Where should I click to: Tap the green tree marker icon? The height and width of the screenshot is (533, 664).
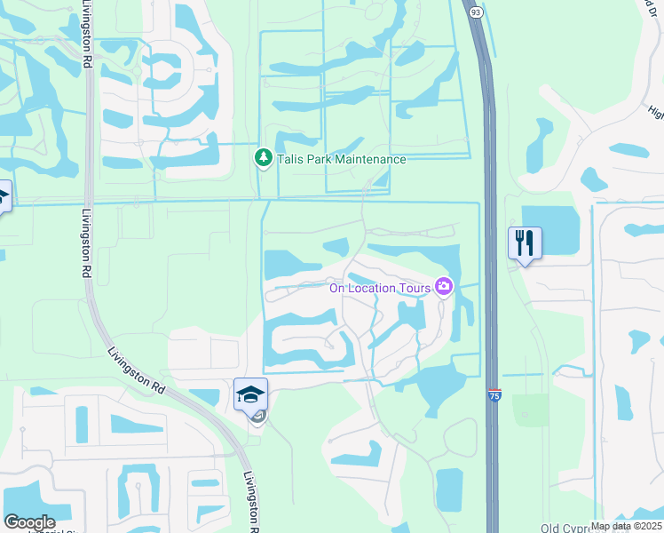pos(263,158)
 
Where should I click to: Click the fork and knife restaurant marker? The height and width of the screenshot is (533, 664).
pos(524,241)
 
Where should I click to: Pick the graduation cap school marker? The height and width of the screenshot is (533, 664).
pos(251,394)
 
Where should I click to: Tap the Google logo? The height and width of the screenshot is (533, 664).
pos(29,522)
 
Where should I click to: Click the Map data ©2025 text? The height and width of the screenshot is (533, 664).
pos(625,526)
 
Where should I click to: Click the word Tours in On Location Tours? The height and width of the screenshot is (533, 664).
pos(412,287)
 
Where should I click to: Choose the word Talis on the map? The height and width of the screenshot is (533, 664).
pos(288,160)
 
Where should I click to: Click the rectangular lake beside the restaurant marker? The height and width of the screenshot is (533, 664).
pos(550,229)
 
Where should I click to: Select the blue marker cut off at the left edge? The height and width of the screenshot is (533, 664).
pos(3,196)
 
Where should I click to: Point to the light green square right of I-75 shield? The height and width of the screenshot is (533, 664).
pos(531,410)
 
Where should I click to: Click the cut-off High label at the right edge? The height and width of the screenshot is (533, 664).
pos(656,112)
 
